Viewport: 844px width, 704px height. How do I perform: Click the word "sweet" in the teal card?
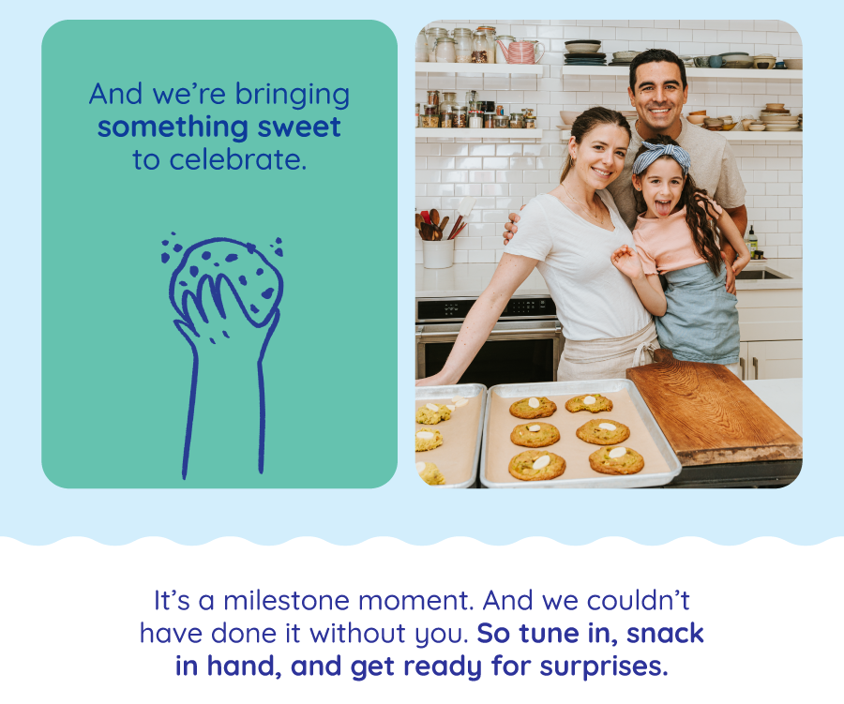pyautogui.click(x=299, y=127)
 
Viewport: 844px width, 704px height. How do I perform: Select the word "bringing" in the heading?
pyautogui.click(x=293, y=96)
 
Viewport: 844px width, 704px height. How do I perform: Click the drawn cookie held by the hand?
pyautogui.click(x=226, y=280)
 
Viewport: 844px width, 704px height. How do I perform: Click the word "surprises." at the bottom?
pyautogui.click(x=604, y=667)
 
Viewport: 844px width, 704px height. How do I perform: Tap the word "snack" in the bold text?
pyautogui.click(x=665, y=633)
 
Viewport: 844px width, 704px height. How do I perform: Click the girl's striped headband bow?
pyautogui.click(x=661, y=154)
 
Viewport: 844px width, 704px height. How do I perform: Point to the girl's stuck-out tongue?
pyautogui.click(x=663, y=208)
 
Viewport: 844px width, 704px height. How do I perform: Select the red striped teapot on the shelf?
pyautogui.click(x=520, y=52)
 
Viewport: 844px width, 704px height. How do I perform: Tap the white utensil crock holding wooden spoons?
pyautogui.click(x=438, y=253)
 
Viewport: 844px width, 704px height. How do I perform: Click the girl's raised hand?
pyautogui.click(x=626, y=261)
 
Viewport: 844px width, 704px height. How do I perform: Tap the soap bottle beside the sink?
pyautogui.click(x=752, y=240)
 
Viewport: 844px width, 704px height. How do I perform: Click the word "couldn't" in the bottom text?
pyautogui.click(x=639, y=601)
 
